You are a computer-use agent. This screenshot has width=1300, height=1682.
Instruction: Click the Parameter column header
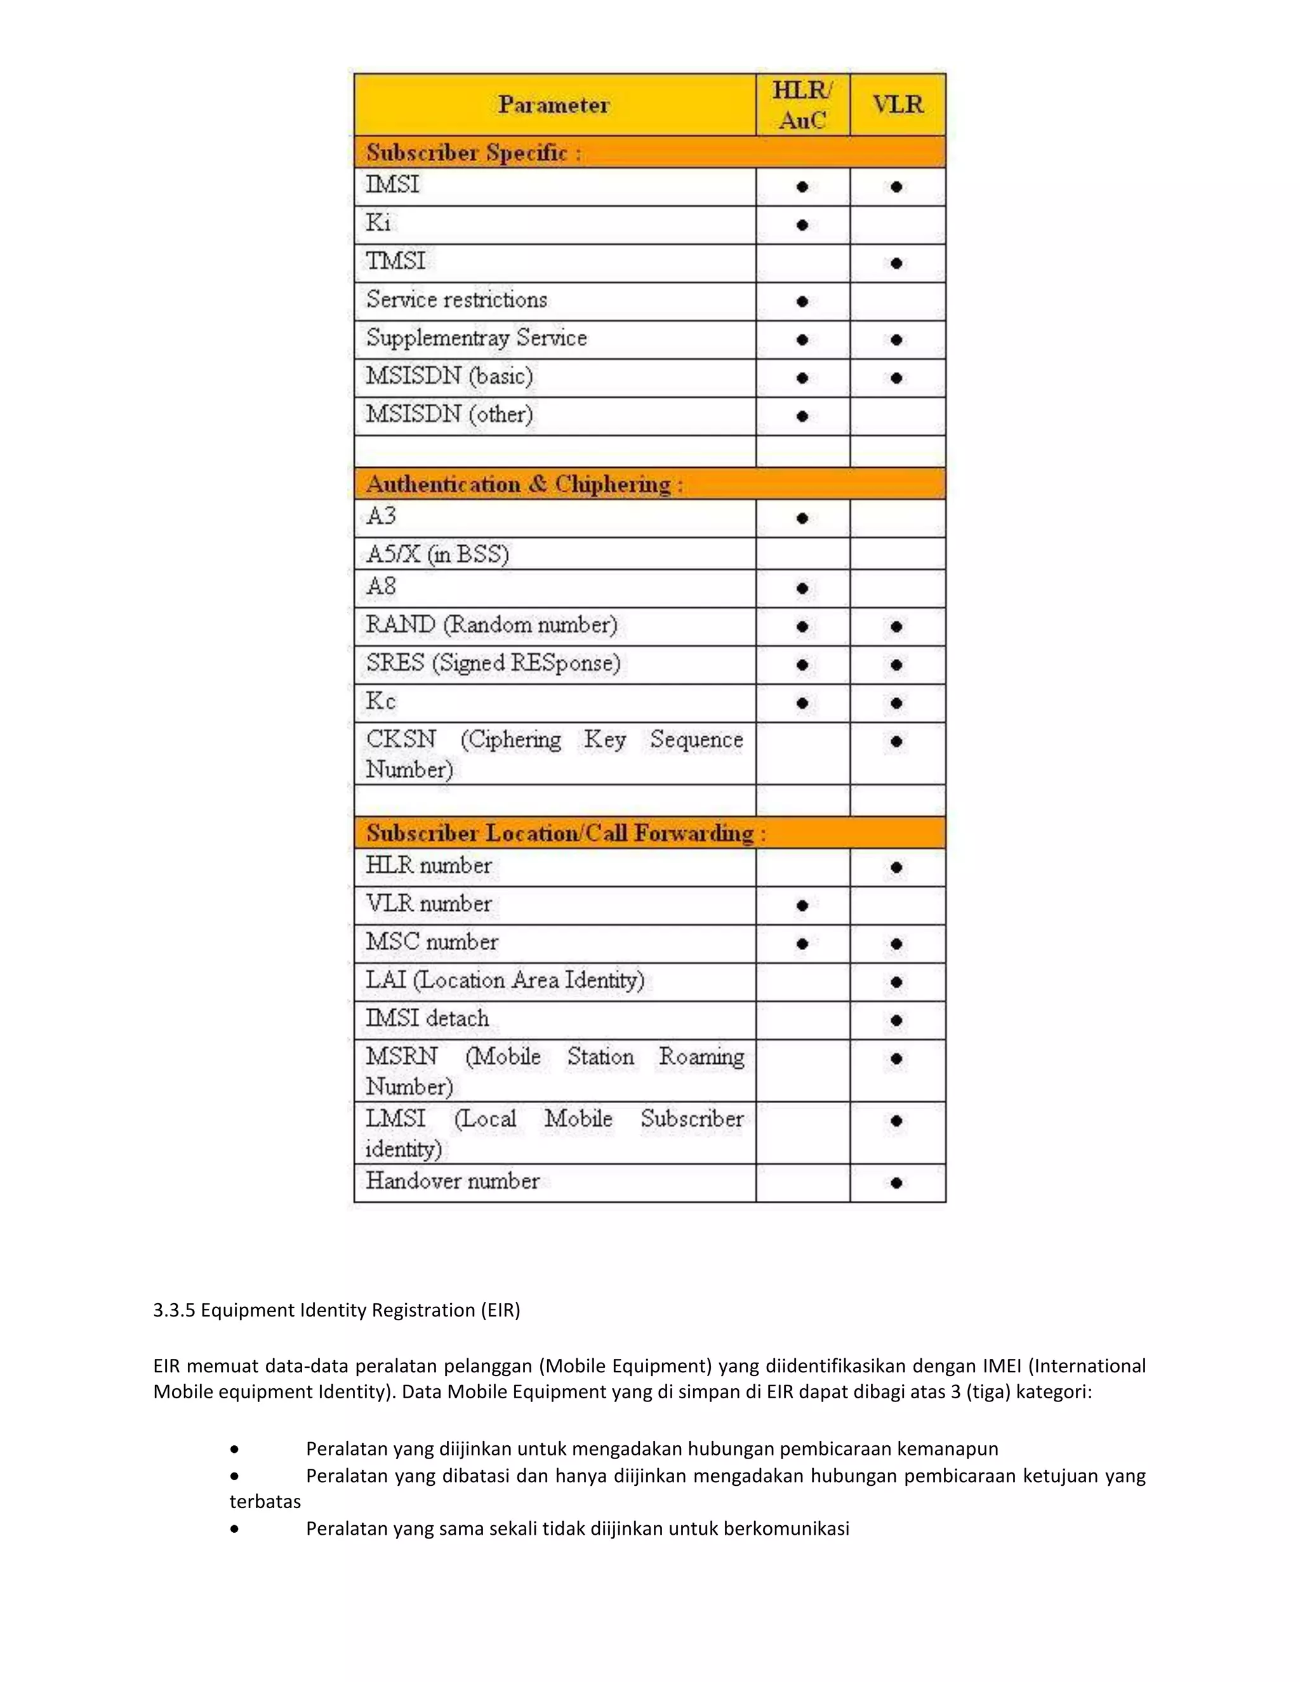pos(553,105)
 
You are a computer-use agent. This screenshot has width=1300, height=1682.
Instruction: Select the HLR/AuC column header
pos(802,105)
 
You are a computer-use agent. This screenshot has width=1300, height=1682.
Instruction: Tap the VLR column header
pos(897,105)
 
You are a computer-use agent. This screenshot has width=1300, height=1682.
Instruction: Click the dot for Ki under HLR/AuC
pos(802,225)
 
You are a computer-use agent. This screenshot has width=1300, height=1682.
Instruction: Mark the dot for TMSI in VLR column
pos(896,263)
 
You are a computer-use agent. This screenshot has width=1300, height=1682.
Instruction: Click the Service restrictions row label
pos(456,300)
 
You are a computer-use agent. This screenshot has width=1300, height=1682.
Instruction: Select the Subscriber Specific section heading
pos(473,152)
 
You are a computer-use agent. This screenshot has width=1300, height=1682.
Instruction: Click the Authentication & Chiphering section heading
pos(524,484)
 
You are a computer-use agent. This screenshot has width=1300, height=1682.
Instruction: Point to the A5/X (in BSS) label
pos(437,553)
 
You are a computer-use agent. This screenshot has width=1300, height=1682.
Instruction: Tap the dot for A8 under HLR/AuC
pos(802,589)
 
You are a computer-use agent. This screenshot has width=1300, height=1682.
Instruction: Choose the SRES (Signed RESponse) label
pos(493,663)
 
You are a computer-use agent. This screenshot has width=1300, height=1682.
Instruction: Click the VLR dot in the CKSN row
pos(896,741)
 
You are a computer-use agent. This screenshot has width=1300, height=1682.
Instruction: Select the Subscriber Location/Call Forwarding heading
pos(566,833)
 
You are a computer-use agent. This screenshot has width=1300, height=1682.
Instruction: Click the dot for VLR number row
pos(802,906)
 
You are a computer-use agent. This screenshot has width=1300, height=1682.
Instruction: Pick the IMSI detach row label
pos(427,1019)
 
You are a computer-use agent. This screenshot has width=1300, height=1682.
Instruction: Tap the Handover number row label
pos(452,1181)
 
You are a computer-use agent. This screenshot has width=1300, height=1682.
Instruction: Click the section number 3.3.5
pos(174,1310)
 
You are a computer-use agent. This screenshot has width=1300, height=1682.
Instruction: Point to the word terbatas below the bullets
pos(265,1501)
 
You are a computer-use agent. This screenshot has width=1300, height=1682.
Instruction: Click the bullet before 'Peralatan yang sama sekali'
pos(234,1528)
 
